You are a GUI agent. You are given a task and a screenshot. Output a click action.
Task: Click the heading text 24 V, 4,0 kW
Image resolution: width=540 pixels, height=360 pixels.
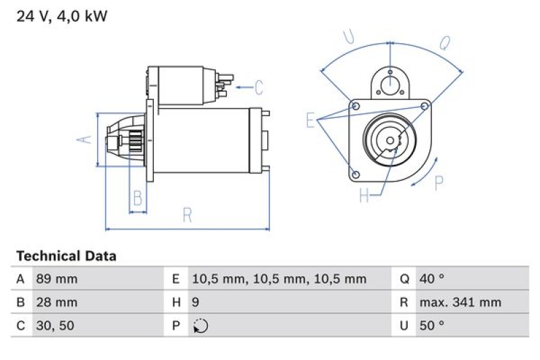tap(61, 16)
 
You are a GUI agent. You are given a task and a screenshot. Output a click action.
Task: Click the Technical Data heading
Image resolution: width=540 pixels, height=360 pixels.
tap(66, 256)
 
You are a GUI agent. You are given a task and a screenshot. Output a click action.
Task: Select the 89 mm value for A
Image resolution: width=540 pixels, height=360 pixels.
tap(55, 279)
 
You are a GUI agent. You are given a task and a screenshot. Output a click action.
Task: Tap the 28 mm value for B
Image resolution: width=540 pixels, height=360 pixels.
tap(55, 303)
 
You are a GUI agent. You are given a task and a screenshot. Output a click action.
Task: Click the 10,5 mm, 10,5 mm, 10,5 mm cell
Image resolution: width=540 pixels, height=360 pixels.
tap(279, 279)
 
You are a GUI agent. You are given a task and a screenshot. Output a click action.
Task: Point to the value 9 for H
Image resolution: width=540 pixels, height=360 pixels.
tap(196, 303)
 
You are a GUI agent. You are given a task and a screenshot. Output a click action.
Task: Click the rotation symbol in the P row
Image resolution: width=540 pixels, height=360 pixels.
tap(200, 326)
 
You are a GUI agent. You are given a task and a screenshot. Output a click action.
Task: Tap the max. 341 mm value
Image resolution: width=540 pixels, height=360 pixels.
tap(460, 303)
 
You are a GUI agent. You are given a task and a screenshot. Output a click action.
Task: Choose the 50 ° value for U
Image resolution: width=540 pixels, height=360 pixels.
tap(431, 326)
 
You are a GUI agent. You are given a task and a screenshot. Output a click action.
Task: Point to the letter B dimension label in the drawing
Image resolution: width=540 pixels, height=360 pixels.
tap(138, 199)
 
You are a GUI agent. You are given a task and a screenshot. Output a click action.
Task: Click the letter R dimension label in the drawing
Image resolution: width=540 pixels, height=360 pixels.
tap(187, 216)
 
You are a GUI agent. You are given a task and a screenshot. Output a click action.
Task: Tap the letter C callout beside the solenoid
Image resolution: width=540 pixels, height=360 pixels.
tap(259, 87)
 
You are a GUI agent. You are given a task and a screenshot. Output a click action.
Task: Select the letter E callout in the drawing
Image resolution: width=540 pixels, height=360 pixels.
tap(310, 121)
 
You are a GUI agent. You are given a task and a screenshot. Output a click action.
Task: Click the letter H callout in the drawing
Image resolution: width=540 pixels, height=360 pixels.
tap(364, 196)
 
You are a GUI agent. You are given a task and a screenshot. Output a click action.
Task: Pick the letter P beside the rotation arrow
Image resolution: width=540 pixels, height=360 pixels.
tap(439, 182)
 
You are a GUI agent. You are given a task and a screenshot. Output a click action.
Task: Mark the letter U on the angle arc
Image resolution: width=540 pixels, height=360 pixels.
tap(348, 37)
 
